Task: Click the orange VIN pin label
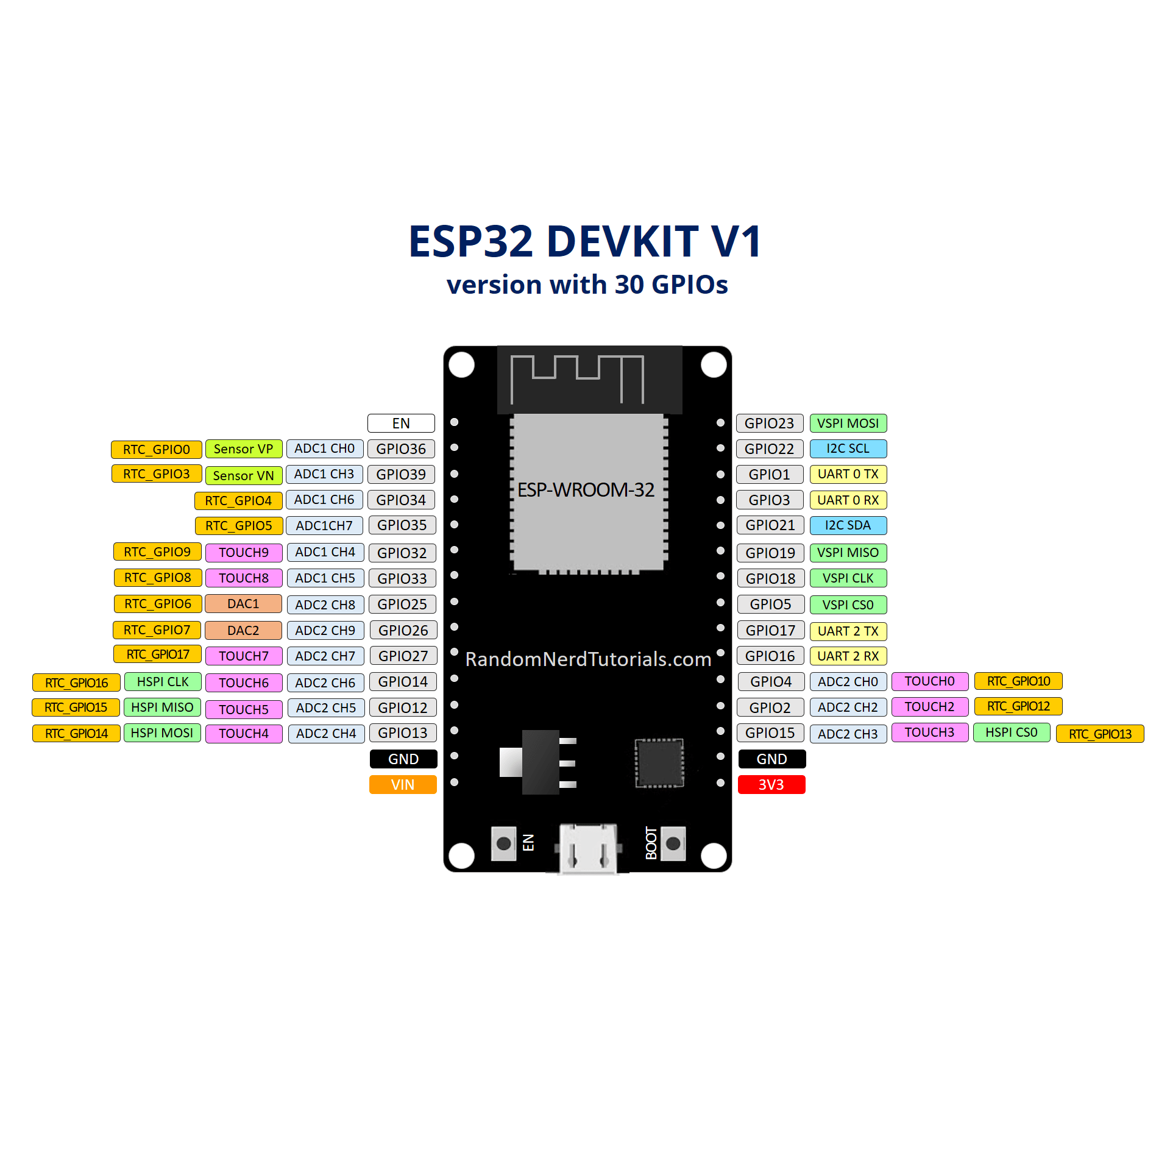pyautogui.click(x=403, y=784)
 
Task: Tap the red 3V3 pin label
pyautogui.click(x=771, y=784)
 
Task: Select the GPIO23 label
pyautogui.click(x=769, y=423)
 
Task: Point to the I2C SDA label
pyautogui.click(x=848, y=525)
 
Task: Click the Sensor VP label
pyautogui.click(x=243, y=448)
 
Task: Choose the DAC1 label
pyautogui.click(x=243, y=603)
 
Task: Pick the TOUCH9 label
pyautogui.click(x=243, y=552)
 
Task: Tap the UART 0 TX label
pyautogui.click(x=848, y=473)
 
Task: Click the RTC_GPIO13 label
pyautogui.click(x=1099, y=734)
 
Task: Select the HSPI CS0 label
pyautogui.click(x=1011, y=732)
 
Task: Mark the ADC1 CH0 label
pyautogui.click(x=324, y=448)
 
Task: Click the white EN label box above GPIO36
pyautogui.click(x=401, y=423)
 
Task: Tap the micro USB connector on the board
pyautogui.click(x=588, y=848)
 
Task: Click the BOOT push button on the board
pyautogui.click(x=673, y=843)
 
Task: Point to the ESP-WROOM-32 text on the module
pyautogui.click(x=586, y=489)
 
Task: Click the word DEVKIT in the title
pyautogui.click(x=622, y=241)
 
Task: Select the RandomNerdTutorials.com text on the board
pyautogui.click(x=588, y=659)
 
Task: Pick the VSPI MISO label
pyautogui.click(x=848, y=552)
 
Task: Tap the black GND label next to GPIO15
pyautogui.click(x=771, y=759)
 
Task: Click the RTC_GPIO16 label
pyautogui.click(x=76, y=682)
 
